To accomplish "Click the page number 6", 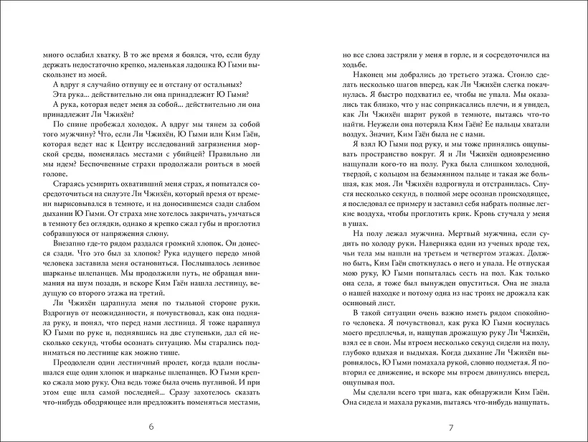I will click(x=151, y=428).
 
